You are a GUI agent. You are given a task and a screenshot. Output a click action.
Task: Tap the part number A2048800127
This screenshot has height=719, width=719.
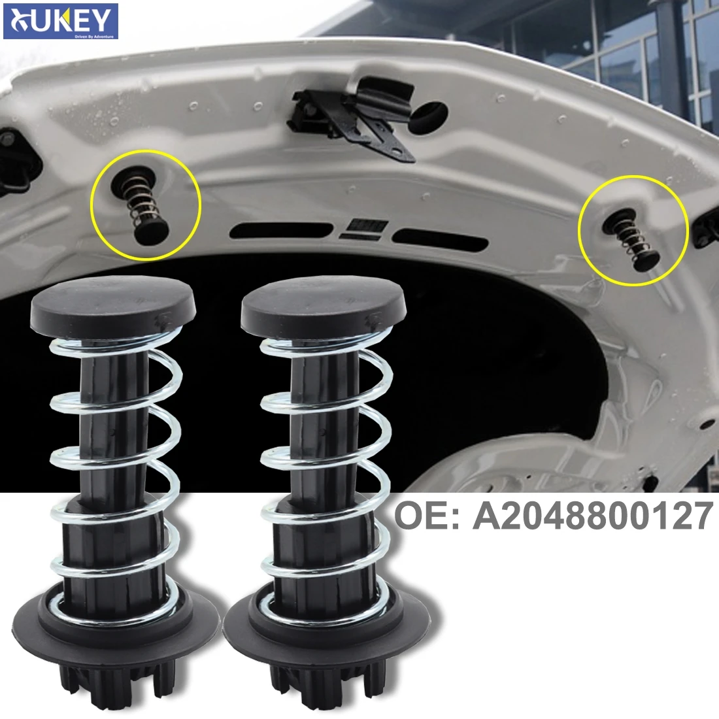pyautogui.click(x=592, y=516)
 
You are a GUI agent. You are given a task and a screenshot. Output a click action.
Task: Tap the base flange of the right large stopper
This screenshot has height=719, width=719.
pyautogui.click(x=327, y=614)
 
